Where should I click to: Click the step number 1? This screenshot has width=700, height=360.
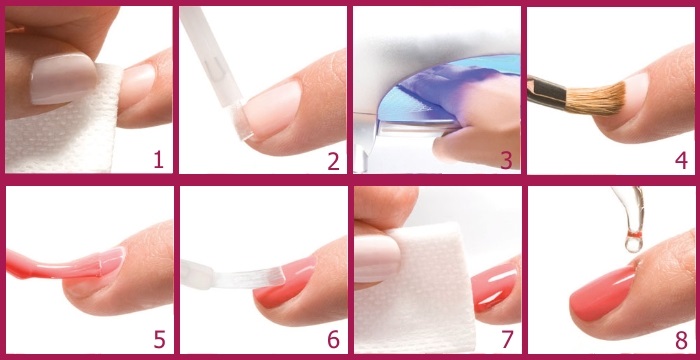[157, 157]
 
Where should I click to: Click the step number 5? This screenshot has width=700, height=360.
[157, 338]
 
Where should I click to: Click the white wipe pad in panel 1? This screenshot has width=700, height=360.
[60, 130]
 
